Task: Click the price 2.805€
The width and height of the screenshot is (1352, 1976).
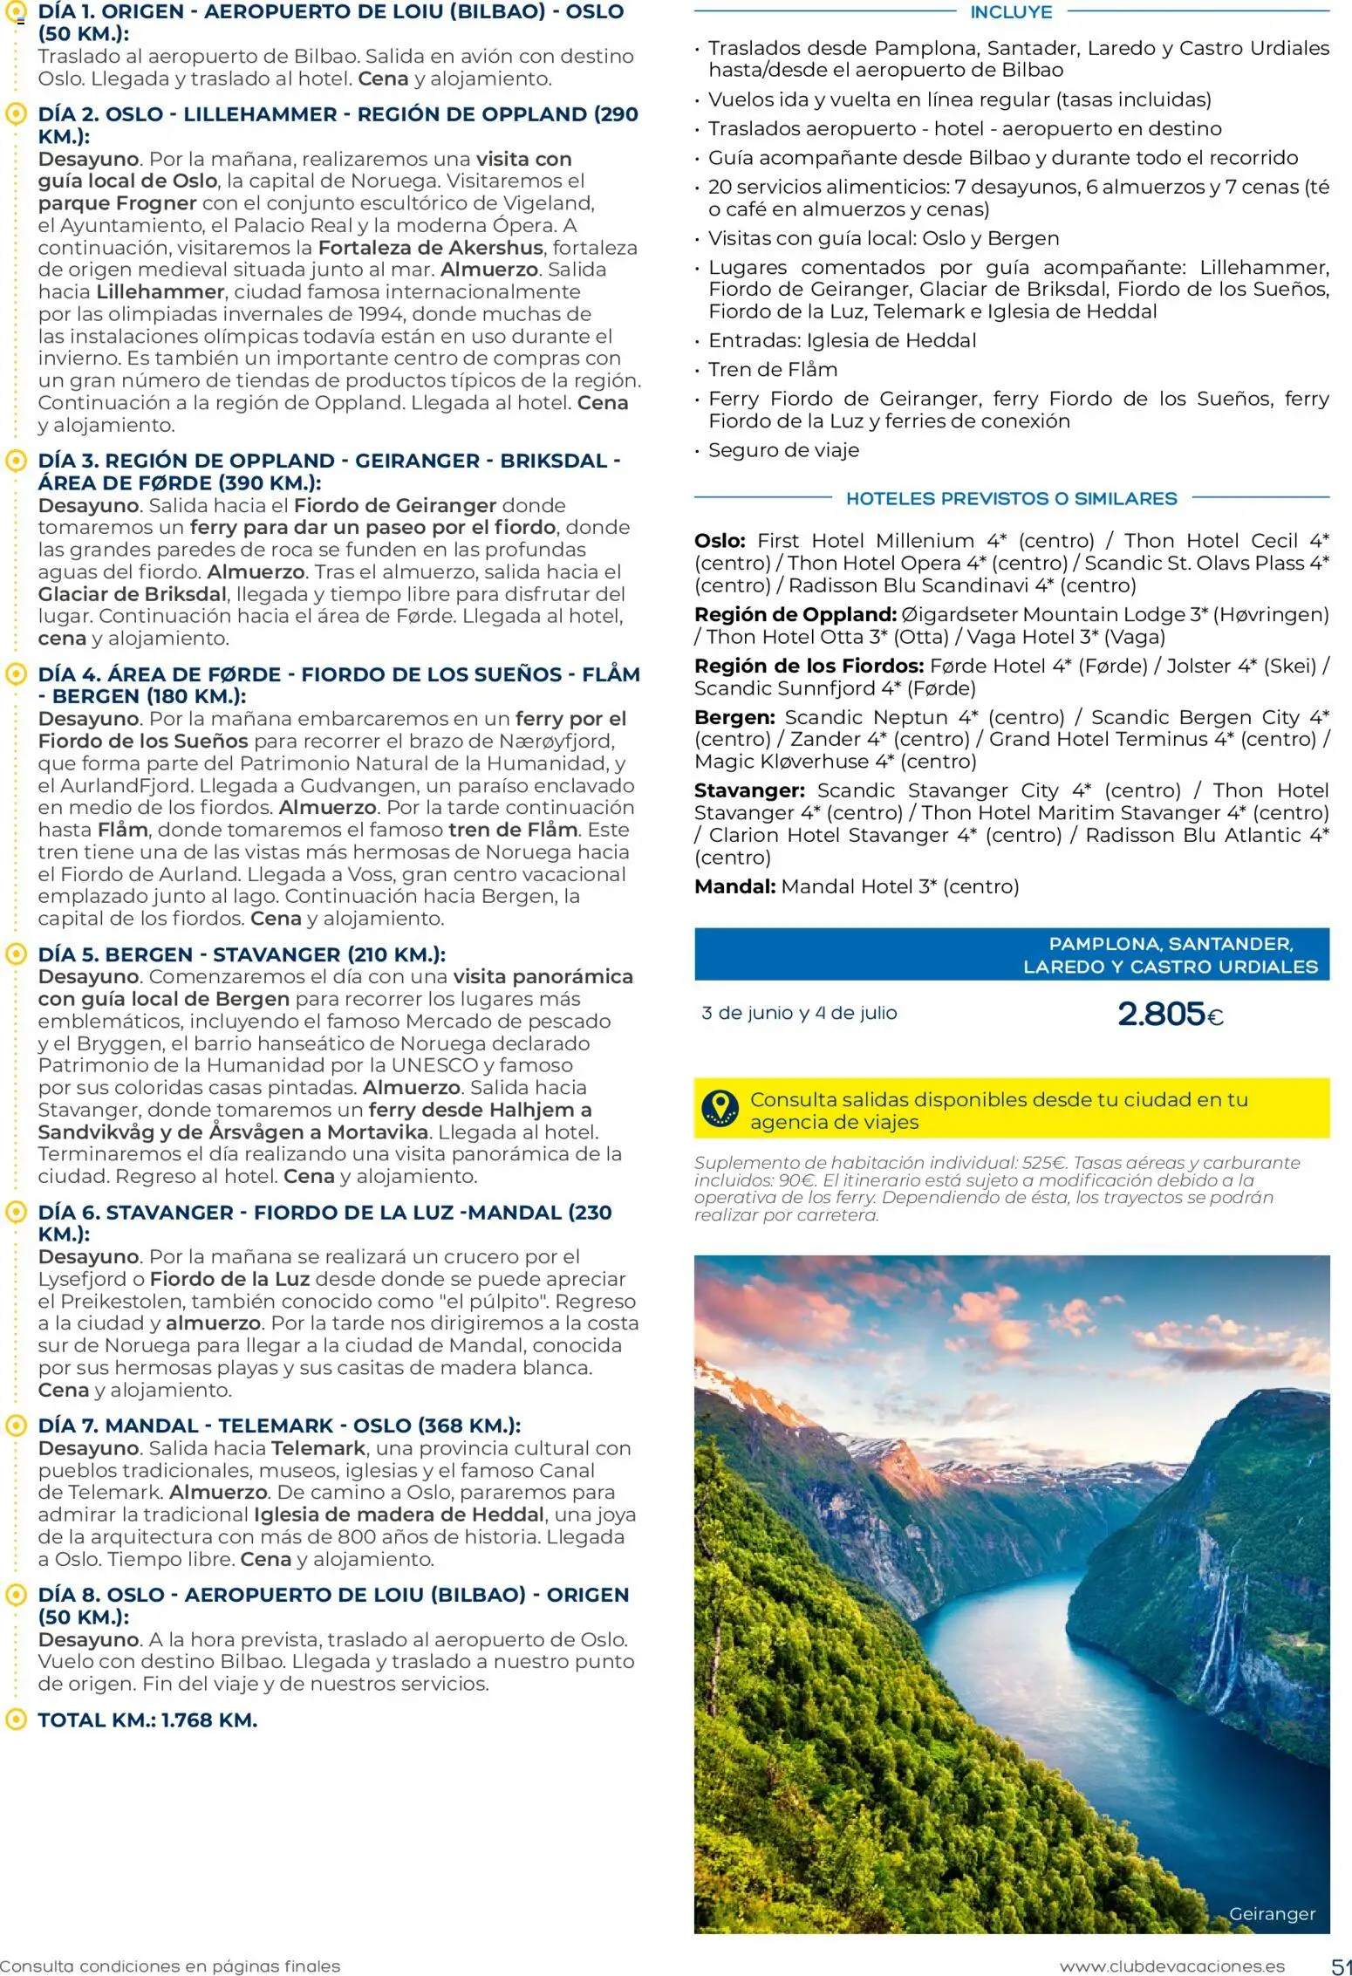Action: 1169,1014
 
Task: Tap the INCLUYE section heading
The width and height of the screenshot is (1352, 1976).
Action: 1011,12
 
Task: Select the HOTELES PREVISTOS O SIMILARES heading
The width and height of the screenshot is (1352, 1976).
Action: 1011,499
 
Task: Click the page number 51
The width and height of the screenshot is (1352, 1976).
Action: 1341,1966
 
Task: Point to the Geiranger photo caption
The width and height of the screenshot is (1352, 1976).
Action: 1271,1914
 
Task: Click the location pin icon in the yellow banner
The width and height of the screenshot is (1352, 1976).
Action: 720,1109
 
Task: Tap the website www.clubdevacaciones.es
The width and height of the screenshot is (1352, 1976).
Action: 1171,1966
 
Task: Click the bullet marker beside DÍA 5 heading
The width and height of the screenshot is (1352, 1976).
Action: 15,954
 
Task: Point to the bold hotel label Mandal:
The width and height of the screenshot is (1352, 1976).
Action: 734,886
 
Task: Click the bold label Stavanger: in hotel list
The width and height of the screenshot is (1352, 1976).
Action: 749,790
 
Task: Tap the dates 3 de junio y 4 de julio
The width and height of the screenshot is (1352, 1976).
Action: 799,1013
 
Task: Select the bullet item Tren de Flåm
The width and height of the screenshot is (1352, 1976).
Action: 772,370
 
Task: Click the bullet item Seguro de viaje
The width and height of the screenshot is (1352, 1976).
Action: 783,450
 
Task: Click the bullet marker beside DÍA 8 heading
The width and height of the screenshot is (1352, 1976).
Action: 15,1595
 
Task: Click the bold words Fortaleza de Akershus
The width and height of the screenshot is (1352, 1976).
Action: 430,248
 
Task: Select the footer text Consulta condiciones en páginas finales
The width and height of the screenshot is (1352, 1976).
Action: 170,1966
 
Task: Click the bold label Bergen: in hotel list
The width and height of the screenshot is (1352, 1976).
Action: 734,717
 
